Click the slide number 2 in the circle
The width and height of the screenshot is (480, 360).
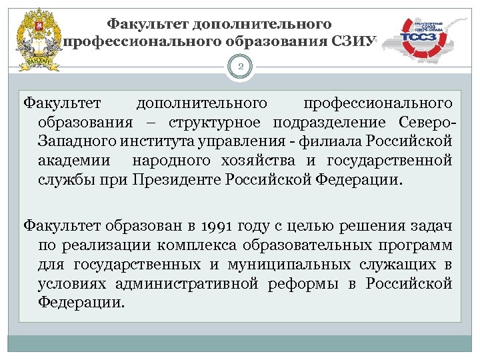(x=240, y=67)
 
